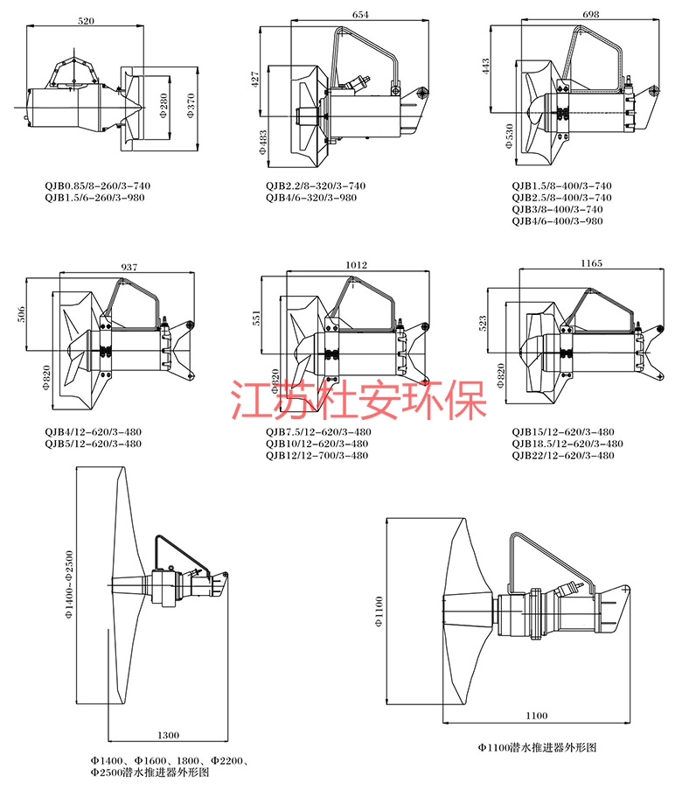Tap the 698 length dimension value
click(593, 16)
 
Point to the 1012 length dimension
click(356, 265)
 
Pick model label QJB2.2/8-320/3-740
click(317, 185)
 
